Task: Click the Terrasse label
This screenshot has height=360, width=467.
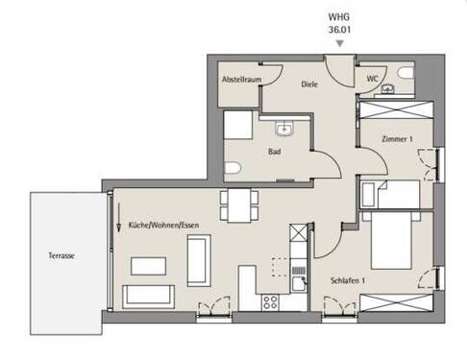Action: coord(62,256)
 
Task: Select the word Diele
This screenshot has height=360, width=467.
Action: coord(309,84)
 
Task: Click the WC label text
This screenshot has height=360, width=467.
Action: coord(372,79)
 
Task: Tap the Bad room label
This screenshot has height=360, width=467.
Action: coord(273,151)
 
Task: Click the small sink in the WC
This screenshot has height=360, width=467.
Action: coord(387,89)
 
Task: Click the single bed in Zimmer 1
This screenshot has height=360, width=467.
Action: coord(389,194)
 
